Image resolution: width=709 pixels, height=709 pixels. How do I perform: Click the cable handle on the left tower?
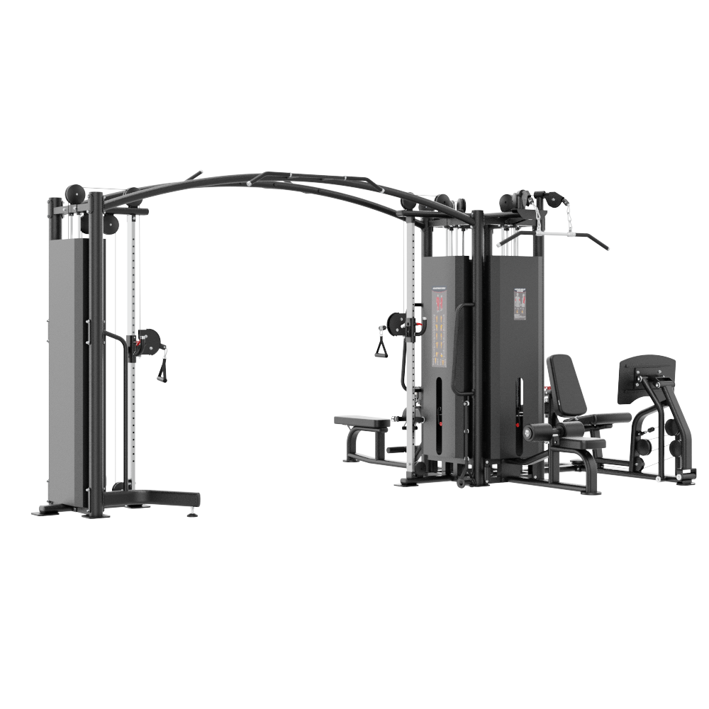(162, 369)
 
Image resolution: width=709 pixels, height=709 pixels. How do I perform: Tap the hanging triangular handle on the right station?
(382, 347)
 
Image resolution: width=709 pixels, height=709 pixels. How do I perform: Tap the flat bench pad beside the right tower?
(362, 422)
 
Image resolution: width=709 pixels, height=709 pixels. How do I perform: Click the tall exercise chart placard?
(440, 330)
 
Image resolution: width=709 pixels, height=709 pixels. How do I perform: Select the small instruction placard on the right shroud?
(521, 303)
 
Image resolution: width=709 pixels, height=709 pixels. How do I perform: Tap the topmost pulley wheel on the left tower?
(74, 194)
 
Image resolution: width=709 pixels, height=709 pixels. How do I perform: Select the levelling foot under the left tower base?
(191, 513)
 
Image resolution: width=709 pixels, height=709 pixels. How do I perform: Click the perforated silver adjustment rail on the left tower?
(131, 284)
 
